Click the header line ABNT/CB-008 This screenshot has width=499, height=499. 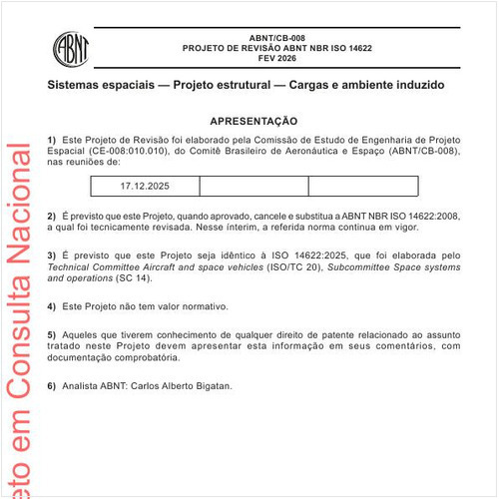click(x=263, y=37)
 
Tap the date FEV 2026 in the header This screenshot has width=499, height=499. click(x=263, y=59)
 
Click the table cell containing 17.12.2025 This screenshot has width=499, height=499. click(x=145, y=186)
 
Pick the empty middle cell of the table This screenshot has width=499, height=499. click(x=253, y=186)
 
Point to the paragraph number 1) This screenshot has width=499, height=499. click(x=52, y=138)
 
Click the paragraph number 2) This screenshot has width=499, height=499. click(x=52, y=216)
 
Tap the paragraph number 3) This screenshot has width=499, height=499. click(x=52, y=256)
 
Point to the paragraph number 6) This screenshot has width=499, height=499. click(x=52, y=385)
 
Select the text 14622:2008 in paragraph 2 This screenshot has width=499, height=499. click(x=429, y=216)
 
